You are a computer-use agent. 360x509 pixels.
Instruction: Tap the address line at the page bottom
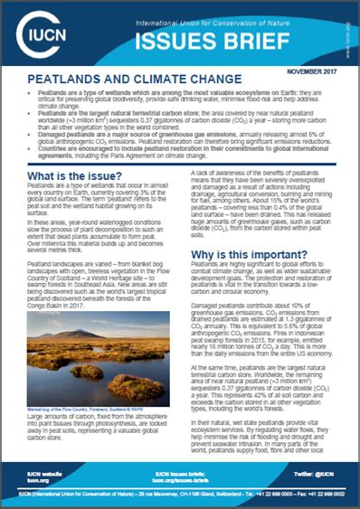180,495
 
